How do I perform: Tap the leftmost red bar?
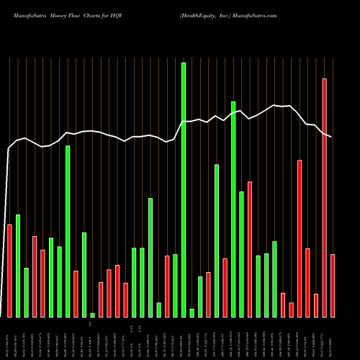[9, 270]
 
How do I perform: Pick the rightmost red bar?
[333, 285]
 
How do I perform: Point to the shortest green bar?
[92, 315]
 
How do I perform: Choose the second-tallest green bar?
[233, 209]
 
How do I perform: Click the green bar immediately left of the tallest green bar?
[175, 285]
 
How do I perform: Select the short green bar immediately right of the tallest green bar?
[192, 312]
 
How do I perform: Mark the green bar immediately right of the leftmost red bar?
[18, 266]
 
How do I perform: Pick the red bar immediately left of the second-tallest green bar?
[225, 287]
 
